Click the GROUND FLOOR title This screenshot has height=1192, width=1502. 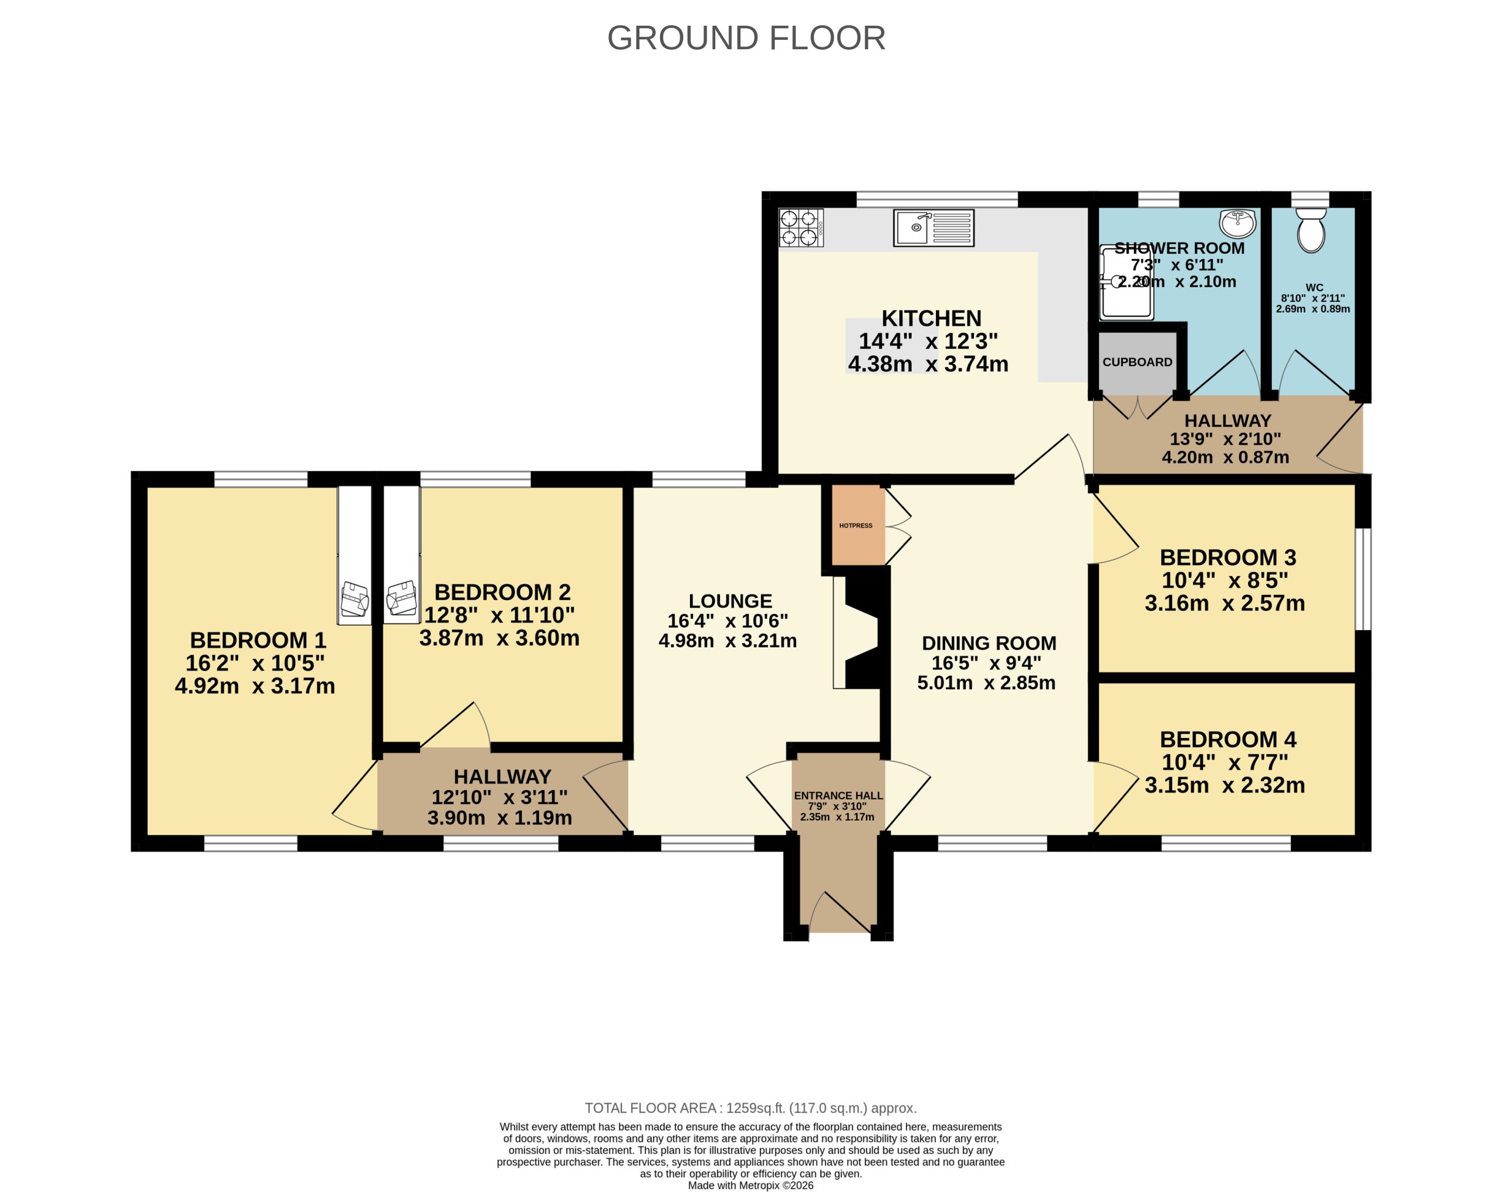pyautogui.click(x=746, y=38)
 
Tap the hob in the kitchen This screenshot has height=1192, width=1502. pyautogui.click(x=800, y=228)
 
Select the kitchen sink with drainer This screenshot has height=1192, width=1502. pyautogui.click(x=933, y=228)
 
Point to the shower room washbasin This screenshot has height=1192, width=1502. pyautogui.click(x=1237, y=223)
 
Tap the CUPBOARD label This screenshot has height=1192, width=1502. pyautogui.click(x=1137, y=363)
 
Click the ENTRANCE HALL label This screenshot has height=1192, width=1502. pyautogui.click(x=838, y=795)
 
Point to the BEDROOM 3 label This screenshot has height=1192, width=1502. pyautogui.click(x=1227, y=557)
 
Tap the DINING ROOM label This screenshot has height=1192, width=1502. pyautogui.click(x=989, y=643)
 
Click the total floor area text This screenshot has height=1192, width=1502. pyautogui.click(x=750, y=1108)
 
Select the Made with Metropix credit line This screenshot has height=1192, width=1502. pyautogui.click(x=750, y=1186)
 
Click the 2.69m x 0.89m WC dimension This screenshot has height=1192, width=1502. pyautogui.click(x=1312, y=309)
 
